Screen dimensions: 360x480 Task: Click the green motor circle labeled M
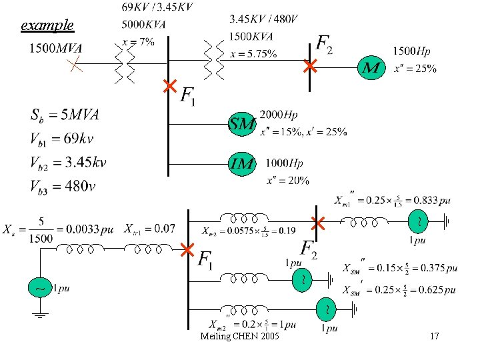pyautogui.click(x=371, y=67)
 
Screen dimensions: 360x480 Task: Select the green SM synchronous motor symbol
pyautogui.click(x=243, y=123)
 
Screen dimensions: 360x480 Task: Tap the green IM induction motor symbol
pyautogui.click(x=243, y=163)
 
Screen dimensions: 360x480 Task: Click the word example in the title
pyautogui.click(x=47, y=26)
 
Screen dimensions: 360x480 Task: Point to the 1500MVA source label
pyautogui.click(x=56, y=48)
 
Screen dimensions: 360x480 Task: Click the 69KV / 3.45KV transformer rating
pyautogui.click(x=158, y=7)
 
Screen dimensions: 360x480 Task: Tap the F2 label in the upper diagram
pyautogui.click(x=324, y=44)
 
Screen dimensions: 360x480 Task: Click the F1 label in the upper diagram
pyautogui.click(x=189, y=95)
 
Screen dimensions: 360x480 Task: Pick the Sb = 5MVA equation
pyautogui.click(x=65, y=115)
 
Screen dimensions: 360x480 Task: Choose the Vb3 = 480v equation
pyautogui.click(x=63, y=186)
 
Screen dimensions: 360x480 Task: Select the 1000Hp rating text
pyautogui.click(x=284, y=163)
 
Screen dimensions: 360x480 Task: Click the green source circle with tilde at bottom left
pyautogui.click(x=40, y=289)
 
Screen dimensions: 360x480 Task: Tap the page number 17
pyautogui.click(x=434, y=336)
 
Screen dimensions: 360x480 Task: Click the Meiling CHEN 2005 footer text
pyautogui.click(x=240, y=336)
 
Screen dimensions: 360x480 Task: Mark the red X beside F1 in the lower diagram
pyautogui.click(x=187, y=251)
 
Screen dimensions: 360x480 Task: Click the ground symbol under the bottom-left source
pyautogui.click(x=40, y=314)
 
